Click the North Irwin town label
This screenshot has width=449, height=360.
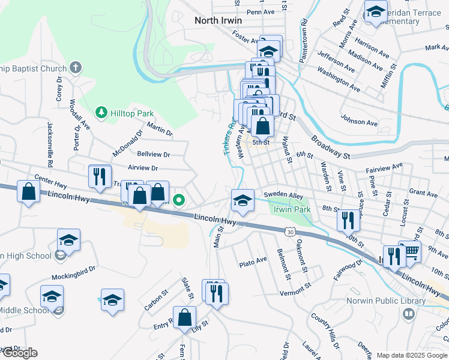coord(218,20)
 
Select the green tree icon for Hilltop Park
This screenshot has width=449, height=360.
coord(101,113)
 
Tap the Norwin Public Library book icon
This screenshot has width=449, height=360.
coord(409,314)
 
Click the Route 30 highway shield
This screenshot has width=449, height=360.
coord(291,231)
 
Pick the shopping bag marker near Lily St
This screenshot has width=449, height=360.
coord(185,317)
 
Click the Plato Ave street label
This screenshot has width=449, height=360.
coord(253,262)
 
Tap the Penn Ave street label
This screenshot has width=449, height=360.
coord(260,12)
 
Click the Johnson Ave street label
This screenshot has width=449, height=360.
coord(358,120)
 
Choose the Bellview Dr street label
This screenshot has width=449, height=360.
coord(154,154)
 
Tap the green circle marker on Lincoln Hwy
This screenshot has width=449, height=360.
coord(178,200)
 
